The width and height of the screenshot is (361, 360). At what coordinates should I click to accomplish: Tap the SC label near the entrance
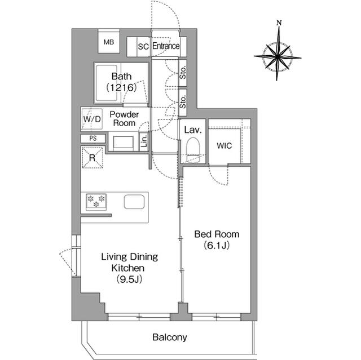(143, 47)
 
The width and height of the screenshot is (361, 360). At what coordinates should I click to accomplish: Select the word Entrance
(166, 46)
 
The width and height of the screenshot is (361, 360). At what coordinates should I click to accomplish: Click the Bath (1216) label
(122, 82)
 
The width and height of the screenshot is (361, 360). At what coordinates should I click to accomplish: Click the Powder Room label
(124, 118)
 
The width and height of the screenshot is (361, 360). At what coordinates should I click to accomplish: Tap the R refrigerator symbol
(92, 157)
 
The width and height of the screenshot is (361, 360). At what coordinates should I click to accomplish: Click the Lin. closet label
(144, 140)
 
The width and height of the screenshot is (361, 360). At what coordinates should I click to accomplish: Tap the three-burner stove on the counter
(96, 201)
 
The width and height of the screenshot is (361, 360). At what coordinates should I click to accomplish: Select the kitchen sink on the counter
(134, 202)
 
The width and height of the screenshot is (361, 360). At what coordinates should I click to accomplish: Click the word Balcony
(169, 338)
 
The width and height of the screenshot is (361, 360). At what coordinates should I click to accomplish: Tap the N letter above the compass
(279, 23)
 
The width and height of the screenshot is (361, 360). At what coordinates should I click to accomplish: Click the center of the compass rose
(278, 56)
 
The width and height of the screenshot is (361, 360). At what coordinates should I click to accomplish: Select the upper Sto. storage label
(183, 72)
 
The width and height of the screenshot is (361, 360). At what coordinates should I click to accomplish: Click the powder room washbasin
(122, 143)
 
